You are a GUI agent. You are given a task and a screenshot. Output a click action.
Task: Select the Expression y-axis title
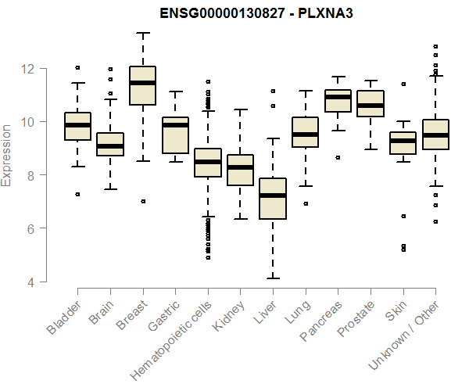pos(8,154)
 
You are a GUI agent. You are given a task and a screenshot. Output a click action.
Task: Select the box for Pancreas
pos(337,101)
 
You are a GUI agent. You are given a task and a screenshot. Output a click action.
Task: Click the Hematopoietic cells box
pos(207,163)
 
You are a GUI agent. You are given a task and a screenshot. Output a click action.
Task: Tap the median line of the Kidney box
pos(239,167)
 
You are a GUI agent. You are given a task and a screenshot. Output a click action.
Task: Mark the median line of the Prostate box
pos(370,105)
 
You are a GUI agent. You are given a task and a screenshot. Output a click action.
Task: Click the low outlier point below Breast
pos(142,201)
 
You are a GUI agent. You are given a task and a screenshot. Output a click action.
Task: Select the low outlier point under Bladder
pos(77,194)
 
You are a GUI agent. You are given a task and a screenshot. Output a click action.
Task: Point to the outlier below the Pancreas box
pos(337,157)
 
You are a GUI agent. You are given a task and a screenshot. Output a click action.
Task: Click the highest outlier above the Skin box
pos(403,84)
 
